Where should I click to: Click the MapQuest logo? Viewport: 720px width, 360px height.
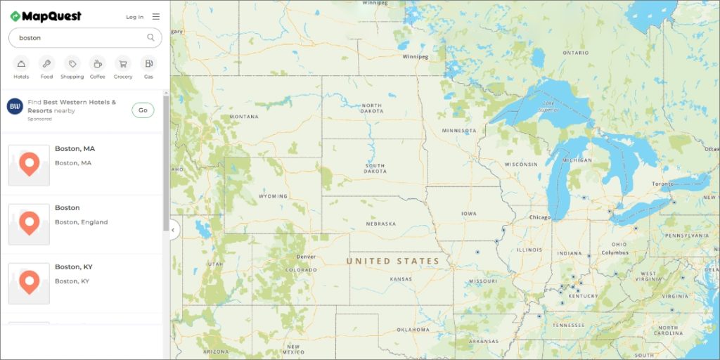click(x=46, y=16)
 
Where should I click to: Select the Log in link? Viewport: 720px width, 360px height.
click(x=134, y=17)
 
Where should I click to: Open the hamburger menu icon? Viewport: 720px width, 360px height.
click(x=155, y=16)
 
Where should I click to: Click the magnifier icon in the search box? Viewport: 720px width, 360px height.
click(x=150, y=37)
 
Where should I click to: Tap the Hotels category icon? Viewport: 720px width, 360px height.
click(x=21, y=63)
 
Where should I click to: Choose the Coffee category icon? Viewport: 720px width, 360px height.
click(x=97, y=63)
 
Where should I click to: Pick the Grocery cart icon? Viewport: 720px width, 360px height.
click(x=123, y=63)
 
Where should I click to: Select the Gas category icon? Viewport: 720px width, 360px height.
click(x=148, y=63)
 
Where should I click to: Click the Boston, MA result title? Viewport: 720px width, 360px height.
click(x=75, y=149)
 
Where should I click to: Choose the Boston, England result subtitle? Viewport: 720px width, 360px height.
click(x=82, y=222)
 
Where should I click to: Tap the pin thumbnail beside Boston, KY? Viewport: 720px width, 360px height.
click(x=29, y=283)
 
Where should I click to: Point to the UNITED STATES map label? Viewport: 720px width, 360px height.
click(x=392, y=261)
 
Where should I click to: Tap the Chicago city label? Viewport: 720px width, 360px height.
click(x=540, y=217)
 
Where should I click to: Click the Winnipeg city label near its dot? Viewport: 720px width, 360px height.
click(x=415, y=57)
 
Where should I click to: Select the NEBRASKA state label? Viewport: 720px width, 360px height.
click(x=380, y=224)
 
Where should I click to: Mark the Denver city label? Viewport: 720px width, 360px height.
click(x=306, y=257)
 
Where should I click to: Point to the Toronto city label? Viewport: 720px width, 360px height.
click(x=663, y=184)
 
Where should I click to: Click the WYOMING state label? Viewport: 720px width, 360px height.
click(x=273, y=196)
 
